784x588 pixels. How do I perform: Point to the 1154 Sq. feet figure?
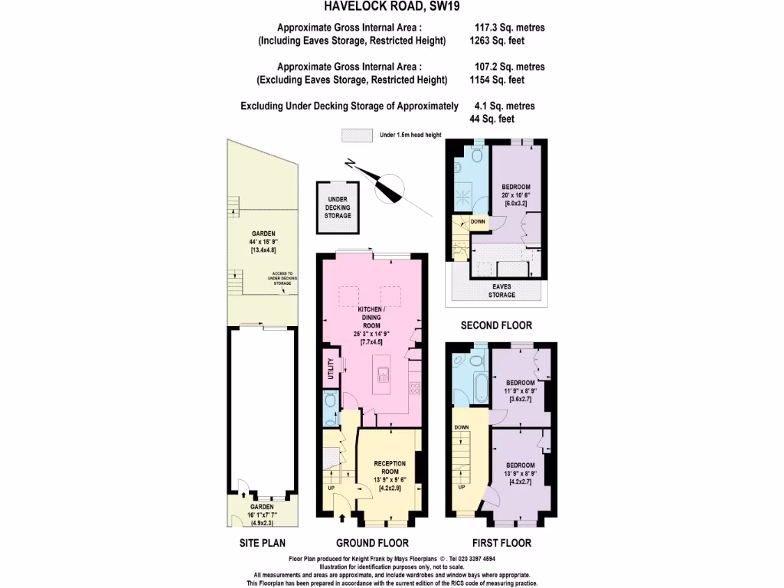coord(496,80)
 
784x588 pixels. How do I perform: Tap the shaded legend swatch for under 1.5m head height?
coord(357,135)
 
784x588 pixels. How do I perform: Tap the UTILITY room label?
coord(331,368)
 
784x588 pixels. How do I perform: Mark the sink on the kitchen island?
coord(382,374)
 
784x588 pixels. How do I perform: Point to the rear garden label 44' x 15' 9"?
coord(263,243)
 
